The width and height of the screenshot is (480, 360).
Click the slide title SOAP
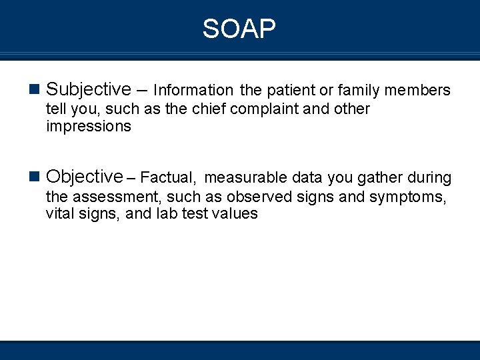pyautogui.click(x=239, y=29)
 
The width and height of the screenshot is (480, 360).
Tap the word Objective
pyautogui.click(x=85, y=177)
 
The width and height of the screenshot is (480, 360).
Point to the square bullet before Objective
pyautogui.click(x=36, y=177)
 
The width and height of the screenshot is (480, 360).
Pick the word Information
pyautogui.click(x=193, y=91)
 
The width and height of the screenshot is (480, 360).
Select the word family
pyautogui.click(x=359, y=91)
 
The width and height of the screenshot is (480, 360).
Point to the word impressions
pyautogui.click(x=89, y=127)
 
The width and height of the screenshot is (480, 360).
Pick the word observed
pyautogui.click(x=259, y=197)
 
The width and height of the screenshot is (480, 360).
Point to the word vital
pyautogui.click(x=61, y=214)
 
